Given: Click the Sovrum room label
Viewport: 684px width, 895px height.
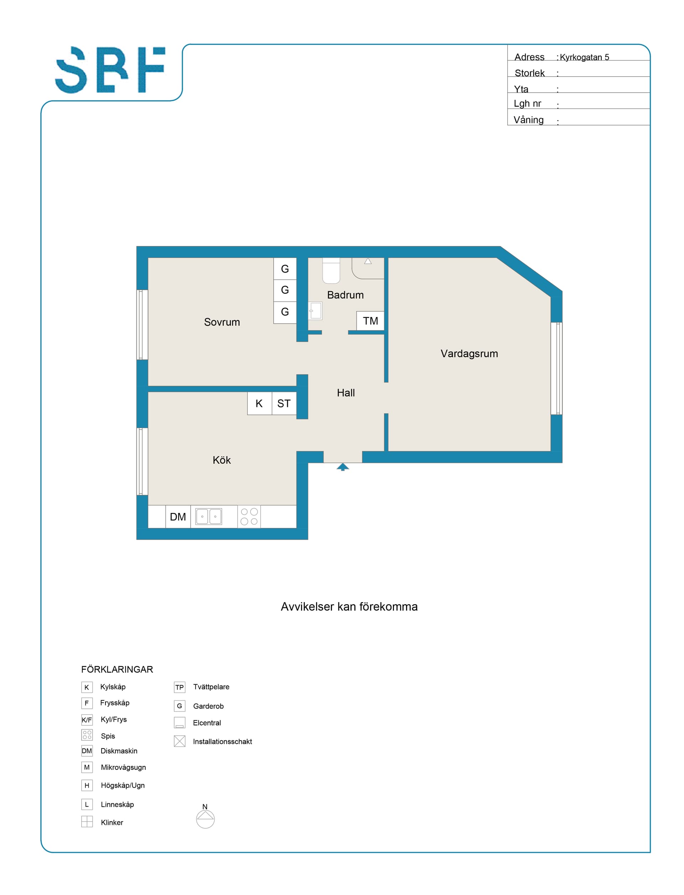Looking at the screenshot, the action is (x=222, y=322).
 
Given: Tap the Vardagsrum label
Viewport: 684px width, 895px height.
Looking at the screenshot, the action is (x=469, y=354).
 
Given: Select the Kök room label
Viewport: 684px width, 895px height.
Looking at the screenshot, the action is (x=222, y=461).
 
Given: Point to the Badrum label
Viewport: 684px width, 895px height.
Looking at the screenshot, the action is (x=345, y=295).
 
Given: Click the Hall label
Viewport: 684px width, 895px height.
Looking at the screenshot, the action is (x=346, y=393).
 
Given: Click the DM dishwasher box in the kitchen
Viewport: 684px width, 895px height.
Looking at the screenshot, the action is (x=178, y=516).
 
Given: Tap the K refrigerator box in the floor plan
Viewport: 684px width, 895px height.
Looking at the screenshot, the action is (x=259, y=403).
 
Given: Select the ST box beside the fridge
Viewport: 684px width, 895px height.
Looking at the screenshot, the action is (x=284, y=403).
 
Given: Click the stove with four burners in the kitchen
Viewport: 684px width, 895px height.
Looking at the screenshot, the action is (x=249, y=516).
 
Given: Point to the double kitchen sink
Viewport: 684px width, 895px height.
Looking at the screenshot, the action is (x=208, y=516).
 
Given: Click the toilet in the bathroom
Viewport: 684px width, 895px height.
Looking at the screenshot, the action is (x=331, y=271).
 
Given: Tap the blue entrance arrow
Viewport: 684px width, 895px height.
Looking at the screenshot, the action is (x=343, y=467).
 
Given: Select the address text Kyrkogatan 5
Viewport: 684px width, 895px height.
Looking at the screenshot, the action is (x=584, y=57).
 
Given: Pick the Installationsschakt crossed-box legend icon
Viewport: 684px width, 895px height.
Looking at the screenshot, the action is (x=180, y=741).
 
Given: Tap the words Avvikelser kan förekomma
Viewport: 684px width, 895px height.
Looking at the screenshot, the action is (x=349, y=607).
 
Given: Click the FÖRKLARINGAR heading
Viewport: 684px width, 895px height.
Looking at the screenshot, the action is (x=117, y=669).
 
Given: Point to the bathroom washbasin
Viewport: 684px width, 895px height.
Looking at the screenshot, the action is (x=315, y=311).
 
